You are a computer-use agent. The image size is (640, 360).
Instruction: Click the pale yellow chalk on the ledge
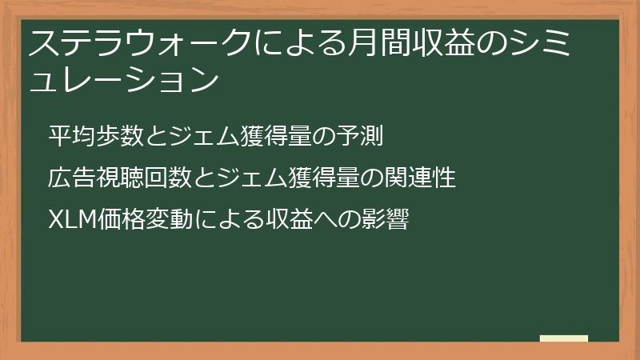point(563,338)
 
